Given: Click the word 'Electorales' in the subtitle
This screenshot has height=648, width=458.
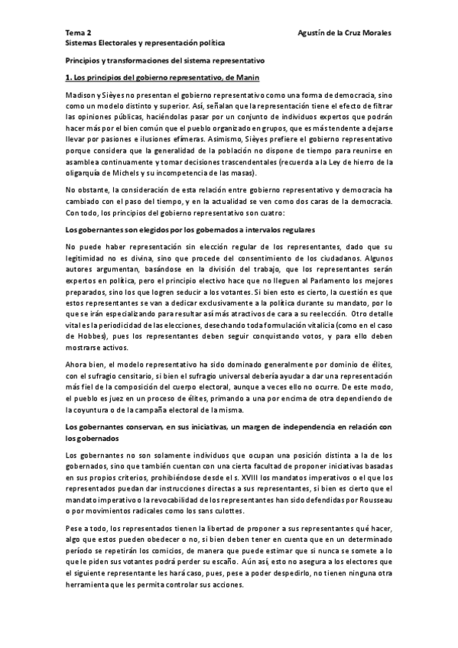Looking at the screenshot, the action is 115,44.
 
